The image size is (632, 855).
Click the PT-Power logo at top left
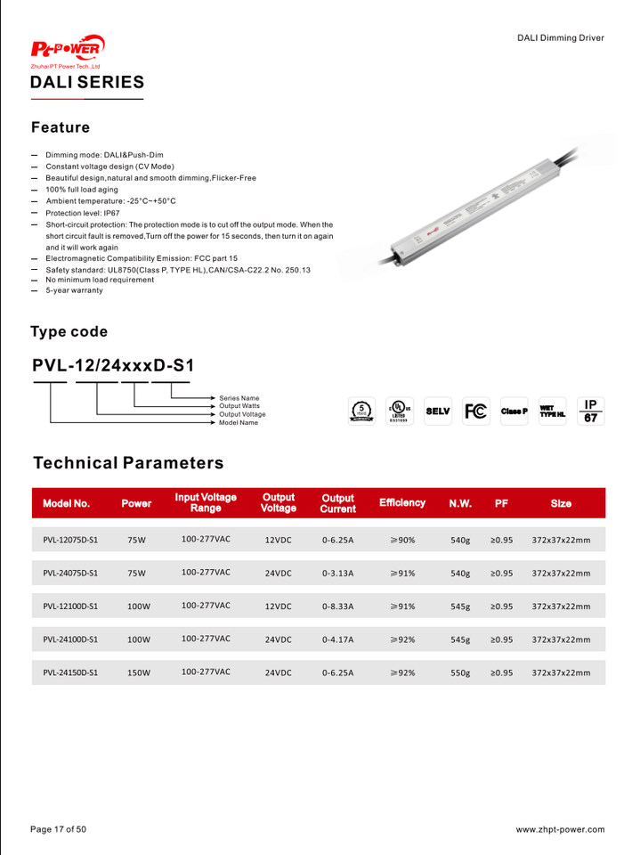pos(68,48)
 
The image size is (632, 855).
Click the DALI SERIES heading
pos(87,83)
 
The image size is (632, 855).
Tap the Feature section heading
pos(61,127)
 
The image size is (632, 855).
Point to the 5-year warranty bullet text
pos(74,290)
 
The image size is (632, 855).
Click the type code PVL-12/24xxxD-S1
pos(113,365)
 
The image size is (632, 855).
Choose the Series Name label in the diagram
pos(239,398)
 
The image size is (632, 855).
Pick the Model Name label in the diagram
pos(239,422)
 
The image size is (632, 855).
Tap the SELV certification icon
pos(438,411)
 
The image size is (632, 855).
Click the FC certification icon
pos(476,411)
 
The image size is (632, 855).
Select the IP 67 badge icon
pos(590,411)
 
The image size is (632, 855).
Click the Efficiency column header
pos(402,503)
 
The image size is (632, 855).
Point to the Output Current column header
pos(337,503)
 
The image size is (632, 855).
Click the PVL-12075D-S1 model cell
pos(70,540)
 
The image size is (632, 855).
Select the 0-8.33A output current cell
pos(338,607)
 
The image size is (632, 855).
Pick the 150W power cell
pos(138,673)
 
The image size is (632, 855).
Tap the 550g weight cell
pos(460,673)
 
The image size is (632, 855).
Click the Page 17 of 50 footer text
pos(59,829)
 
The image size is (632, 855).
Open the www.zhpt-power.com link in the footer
pos(560,829)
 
